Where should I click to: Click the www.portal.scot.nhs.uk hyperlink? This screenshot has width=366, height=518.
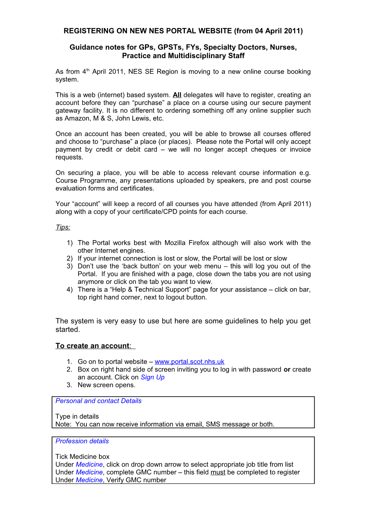point(189,362)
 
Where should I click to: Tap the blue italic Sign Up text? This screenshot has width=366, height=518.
point(152,377)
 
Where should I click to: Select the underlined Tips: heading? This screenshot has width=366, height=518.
point(63,227)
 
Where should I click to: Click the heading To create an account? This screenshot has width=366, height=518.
point(93,346)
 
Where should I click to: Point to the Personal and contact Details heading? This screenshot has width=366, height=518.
point(98,401)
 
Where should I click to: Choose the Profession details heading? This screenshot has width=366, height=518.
point(82,441)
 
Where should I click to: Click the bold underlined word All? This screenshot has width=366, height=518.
point(177,95)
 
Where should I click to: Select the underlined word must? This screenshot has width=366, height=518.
point(218,472)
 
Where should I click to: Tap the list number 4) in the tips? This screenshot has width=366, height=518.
point(70,290)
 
